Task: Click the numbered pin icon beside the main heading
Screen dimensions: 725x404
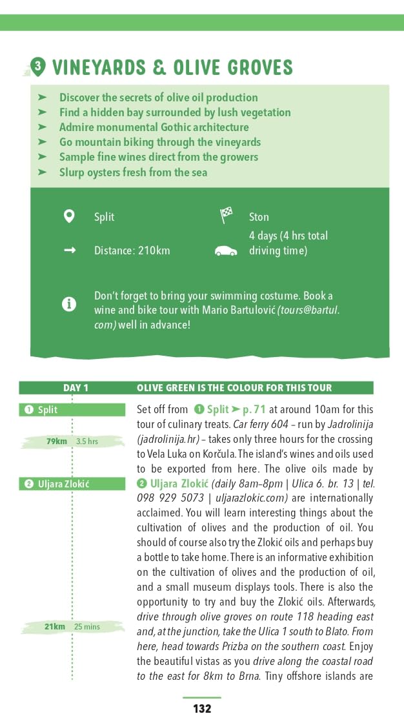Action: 39,66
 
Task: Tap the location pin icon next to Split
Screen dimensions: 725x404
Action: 69,216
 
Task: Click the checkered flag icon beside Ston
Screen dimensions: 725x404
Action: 226,216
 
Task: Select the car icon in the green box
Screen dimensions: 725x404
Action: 225,250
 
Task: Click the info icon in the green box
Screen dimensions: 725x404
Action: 69,304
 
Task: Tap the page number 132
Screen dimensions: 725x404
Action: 202,708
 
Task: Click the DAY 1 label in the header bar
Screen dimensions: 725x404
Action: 76,388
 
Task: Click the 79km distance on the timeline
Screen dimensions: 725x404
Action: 57,442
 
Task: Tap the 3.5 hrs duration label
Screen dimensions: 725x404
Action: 86,442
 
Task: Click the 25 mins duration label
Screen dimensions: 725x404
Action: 87,626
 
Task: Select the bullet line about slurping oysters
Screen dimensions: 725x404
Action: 133,172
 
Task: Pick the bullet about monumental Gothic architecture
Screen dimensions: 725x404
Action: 154,127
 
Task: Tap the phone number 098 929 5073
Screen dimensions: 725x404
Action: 168,498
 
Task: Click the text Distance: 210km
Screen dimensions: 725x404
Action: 132,250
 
